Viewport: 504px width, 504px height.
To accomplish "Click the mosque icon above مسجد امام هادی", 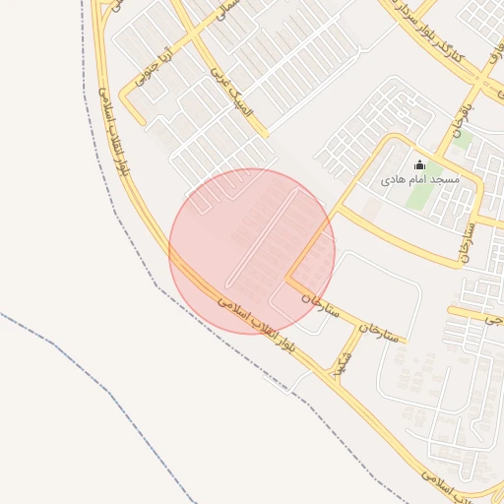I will pos(420,164).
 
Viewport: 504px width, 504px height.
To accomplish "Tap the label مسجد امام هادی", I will pos(420,181).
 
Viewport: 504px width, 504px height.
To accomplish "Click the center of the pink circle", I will pos(252,251).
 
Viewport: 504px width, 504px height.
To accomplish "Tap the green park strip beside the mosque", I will pos(419,196).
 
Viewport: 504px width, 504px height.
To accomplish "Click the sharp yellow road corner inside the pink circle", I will pos(288,279).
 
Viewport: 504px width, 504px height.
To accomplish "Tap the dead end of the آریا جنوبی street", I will pos(137,124).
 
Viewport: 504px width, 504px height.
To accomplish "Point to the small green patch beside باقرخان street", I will pos(462,141).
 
